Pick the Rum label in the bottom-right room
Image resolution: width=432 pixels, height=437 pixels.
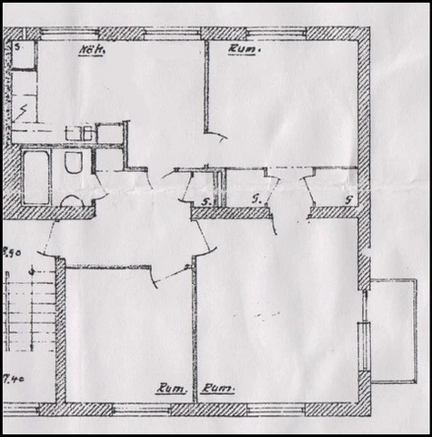218,389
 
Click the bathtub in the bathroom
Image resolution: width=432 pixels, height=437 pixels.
35,177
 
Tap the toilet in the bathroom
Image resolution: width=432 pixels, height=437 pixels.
74,163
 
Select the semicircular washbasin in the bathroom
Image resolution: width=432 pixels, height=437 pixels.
72,201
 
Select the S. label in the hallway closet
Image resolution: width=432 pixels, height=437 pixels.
207,200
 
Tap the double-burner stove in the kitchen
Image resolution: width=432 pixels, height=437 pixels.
80,133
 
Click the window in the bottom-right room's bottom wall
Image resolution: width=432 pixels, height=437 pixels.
273,410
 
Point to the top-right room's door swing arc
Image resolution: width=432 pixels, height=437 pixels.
216,142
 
